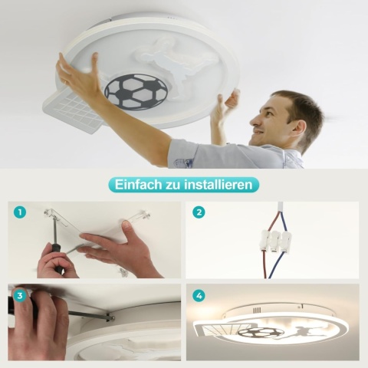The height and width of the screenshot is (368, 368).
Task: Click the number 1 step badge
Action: coord(20,212)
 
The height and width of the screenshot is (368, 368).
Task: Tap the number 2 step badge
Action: coord(199,212)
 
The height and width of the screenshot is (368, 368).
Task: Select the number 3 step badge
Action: coord(20,296)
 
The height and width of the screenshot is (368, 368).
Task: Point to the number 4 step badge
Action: coord(199,296)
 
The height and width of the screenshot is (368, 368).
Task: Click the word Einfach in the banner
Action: coord(138,184)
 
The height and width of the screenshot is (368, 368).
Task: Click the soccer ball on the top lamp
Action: coord(136,91)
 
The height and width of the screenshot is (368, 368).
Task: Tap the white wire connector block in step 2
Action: coord(275,242)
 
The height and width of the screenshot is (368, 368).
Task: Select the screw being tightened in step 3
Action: coord(110,317)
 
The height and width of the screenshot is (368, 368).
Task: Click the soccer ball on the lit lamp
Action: coord(261,333)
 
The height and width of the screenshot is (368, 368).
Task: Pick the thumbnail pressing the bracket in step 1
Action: coord(126,225)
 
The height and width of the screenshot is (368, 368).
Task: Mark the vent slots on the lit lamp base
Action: coord(257,310)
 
